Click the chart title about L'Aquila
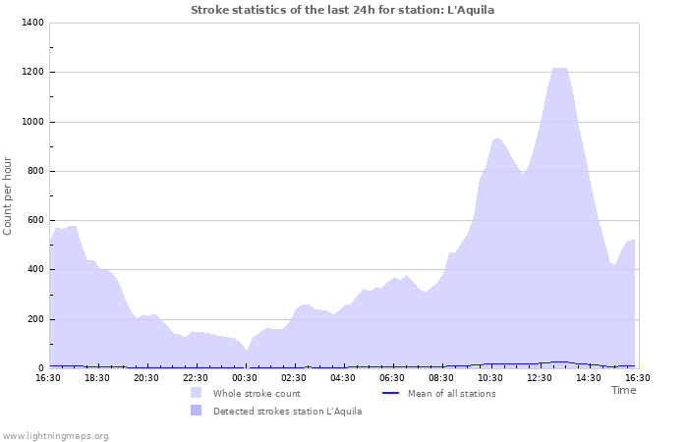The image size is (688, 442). click(343, 10)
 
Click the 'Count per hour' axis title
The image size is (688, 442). click(9, 195)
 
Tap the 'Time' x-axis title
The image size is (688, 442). click(624, 390)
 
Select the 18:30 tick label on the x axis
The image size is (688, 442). click(97, 377)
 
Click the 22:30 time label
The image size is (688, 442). click(196, 377)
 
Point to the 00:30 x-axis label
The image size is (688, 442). click(245, 377)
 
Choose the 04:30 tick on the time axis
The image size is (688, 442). click(343, 377)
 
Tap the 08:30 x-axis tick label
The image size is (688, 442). click(441, 377)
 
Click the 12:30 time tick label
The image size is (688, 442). click(540, 377)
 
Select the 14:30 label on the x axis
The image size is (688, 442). click(589, 377)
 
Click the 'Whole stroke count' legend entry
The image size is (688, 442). click(257, 393)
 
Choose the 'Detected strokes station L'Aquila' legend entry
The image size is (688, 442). click(287, 411)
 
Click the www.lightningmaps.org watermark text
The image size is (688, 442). click(55, 435)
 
